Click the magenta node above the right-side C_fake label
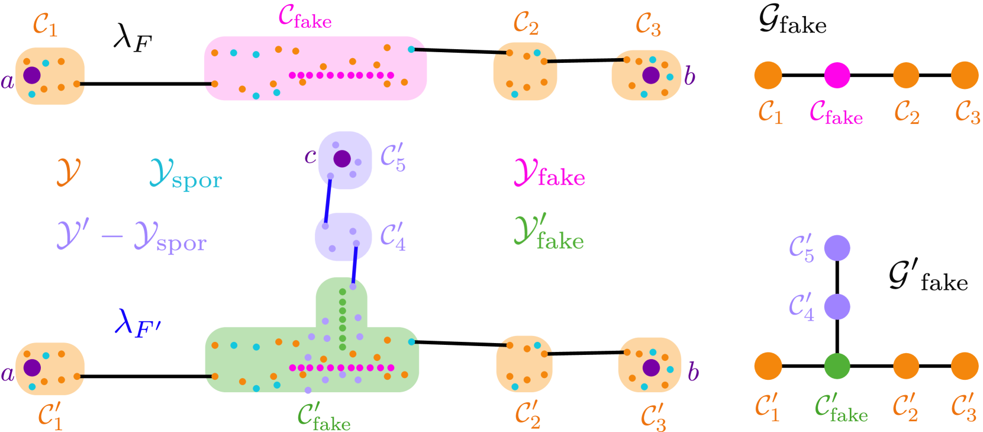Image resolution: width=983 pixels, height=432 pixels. (x=837, y=75)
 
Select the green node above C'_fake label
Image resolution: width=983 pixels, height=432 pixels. (x=837, y=366)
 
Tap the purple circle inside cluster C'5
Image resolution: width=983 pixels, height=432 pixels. (x=342, y=159)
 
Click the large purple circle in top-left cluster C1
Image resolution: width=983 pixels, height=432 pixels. (x=31, y=75)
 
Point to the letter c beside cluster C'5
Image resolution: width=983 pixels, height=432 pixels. (x=310, y=156)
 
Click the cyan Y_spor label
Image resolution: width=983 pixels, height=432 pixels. (x=185, y=174)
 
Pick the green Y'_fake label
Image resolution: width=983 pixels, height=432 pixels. (x=549, y=232)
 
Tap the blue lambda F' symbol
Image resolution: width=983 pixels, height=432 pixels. (x=137, y=323)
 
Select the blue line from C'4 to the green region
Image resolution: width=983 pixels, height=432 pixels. (x=354, y=264)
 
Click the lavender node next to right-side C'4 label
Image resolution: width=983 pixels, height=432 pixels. (x=837, y=307)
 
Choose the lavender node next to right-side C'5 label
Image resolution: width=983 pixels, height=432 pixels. (x=837, y=248)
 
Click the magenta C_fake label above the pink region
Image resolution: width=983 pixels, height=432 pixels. (x=305, y=18)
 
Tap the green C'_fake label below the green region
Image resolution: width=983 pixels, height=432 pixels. (x=324, y=416)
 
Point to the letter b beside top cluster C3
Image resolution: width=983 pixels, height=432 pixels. (x=689, y=76)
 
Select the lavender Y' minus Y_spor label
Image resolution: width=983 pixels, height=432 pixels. (x=131, y=236)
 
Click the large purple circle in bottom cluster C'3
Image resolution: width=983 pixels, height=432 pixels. (x=651, y=367)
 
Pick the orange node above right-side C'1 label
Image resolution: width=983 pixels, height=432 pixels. (x=768, y=366)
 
